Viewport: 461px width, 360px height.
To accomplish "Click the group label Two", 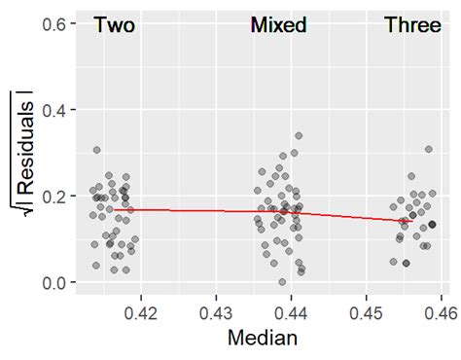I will click(114, 26).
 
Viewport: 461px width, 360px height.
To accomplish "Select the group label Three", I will click(412, 26).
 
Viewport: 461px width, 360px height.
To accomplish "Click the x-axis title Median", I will click(262, 339).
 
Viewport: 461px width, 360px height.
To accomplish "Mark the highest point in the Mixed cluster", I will click(299, 136).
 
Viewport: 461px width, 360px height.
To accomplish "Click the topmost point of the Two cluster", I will click(96, 150).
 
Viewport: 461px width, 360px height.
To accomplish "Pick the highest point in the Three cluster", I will click(428, 149).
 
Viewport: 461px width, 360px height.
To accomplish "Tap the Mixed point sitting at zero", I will click(282, 282).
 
